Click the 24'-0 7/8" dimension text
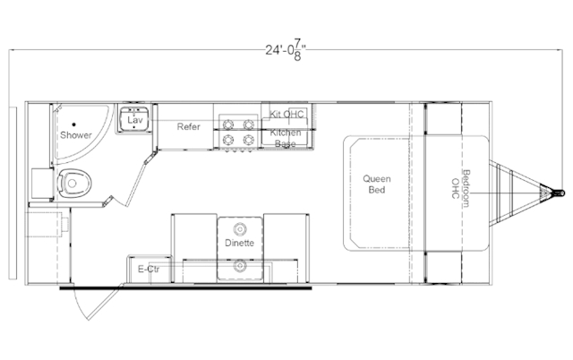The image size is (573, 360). (285, 50)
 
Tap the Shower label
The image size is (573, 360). (75, 135)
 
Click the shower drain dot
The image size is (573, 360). (73, 124)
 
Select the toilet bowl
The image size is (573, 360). (74, 183)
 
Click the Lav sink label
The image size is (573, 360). (135, 120)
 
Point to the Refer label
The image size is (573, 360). (188, 127)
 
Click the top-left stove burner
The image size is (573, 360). (228, 124)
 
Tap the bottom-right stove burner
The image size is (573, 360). (249, 140)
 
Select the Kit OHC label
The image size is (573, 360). (286, 114)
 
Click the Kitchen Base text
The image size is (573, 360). (286, 138)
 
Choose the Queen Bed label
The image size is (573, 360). (377, 184)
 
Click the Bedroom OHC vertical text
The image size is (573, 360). (460, 189)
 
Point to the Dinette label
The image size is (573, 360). (239, 243)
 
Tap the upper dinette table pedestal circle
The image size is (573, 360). (240, 229)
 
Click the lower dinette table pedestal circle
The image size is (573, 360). (240, 265)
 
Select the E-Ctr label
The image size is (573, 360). (149, 270)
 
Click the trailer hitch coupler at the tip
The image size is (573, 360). (559, 193)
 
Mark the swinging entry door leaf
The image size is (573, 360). (105, 303)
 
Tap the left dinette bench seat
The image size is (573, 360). (194, 249)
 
